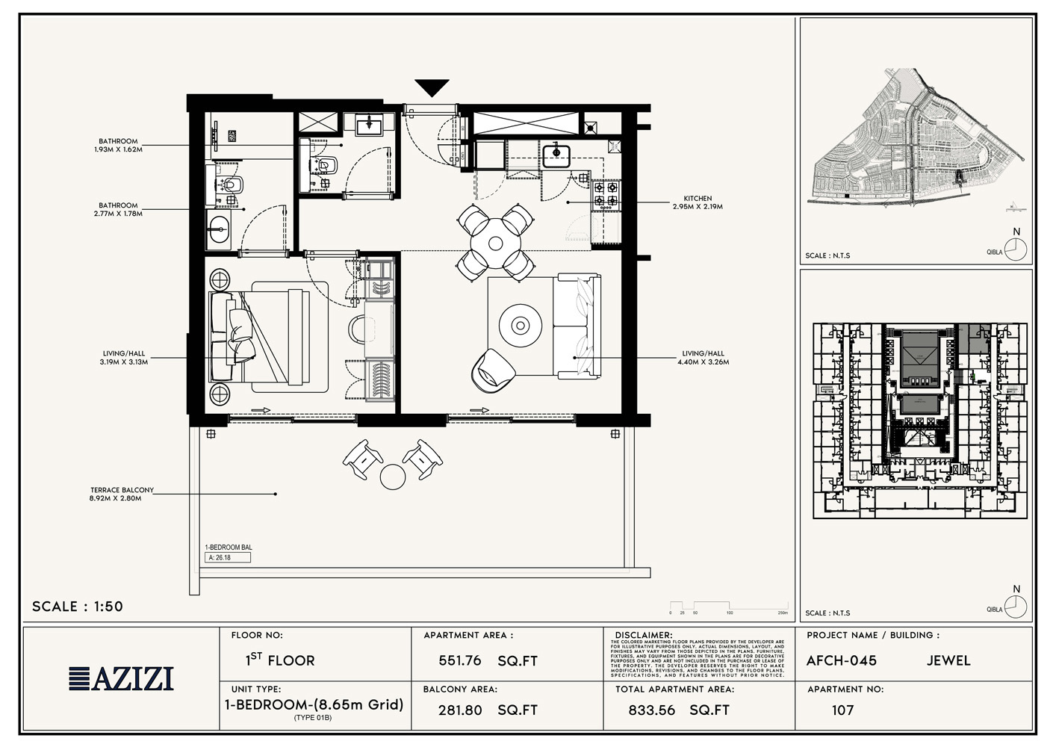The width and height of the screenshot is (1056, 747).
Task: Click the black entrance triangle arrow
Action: click(432, 87)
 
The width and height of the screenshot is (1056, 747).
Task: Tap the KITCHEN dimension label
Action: click(698, 202)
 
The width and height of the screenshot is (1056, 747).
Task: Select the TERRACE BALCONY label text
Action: click(122, 494)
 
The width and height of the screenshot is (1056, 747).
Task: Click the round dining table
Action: click(495, 243)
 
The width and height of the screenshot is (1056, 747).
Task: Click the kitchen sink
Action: click(556, 155)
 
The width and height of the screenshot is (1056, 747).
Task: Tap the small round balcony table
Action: click(392, 476)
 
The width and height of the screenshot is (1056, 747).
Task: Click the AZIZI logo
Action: click(122, 678)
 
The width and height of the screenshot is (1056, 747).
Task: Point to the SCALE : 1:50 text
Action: click(78, 607)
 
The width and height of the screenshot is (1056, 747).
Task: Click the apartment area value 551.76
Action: click(460, 661)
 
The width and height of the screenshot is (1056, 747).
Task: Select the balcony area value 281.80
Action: click(460, 710)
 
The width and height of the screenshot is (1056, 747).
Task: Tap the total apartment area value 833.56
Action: click(651, 710)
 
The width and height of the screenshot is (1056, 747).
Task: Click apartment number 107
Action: click(842, 710)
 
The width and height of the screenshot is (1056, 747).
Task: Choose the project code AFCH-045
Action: click(841, 661)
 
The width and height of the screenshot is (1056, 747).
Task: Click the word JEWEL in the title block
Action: click(948, 661)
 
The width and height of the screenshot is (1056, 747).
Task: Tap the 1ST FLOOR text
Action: click(280, 660)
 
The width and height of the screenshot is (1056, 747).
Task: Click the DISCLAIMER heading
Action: click(644, 636)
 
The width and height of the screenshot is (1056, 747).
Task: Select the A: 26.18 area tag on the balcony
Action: click(227, 557)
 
